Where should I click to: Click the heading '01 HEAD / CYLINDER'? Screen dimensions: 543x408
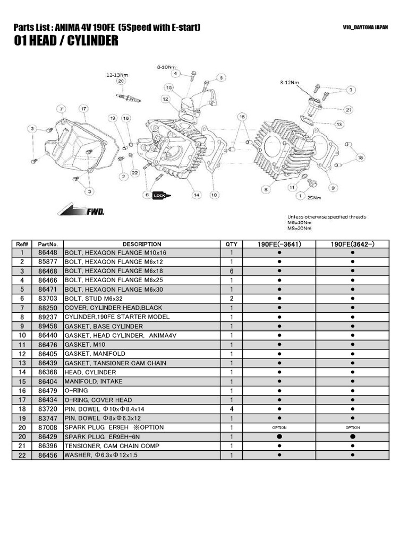[66, 41]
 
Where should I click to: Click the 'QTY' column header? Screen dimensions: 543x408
[232, 244]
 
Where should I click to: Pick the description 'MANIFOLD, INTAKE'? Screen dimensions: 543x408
[93, 381]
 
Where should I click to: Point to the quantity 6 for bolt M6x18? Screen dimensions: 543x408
[232, 271]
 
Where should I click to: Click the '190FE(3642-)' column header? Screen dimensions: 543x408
[352, 244]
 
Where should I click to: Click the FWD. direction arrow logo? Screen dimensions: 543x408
[82, 211]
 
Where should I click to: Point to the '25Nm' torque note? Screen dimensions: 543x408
[314, 198]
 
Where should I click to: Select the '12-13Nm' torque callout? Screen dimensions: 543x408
[117, 75]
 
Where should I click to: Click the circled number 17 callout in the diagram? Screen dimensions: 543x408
[83, 108]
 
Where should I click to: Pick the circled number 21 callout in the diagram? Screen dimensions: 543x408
[348, 110]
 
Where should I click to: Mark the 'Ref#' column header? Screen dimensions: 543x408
[22, 244]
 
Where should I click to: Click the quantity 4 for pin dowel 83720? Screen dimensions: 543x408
[232, 409]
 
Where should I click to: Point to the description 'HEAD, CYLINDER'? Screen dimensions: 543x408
[90, 372]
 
